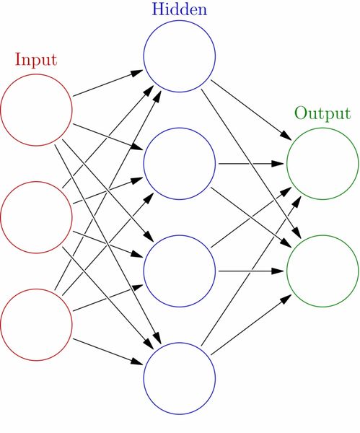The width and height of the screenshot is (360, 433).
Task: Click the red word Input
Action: pyautogui.click(x=35, y=58)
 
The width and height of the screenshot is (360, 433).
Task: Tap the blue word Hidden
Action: pyautogui.click(x=179, y=10)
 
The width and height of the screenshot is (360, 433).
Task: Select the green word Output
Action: pyautogui.click(x=322, y=114)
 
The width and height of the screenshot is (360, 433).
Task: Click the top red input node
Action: pyautogui.click(x=36, y=110)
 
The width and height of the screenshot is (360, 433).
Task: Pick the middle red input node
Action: pyautogui.click(x=36, y=216)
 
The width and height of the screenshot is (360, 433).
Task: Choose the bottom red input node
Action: pyautogui.click(x=36, y=324)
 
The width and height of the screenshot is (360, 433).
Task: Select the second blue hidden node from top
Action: pyautogui.click(x=180, y=163)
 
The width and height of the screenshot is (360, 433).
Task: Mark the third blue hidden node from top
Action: pyautogui.click(x=180, y=271)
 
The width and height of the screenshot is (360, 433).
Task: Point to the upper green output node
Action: pyautogui.click(x=322, y=163)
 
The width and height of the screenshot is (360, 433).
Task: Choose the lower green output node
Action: pyautogui.click(x=322, y=271)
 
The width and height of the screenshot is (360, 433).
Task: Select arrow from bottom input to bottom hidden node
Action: pyautogui.click(x=108, y=351)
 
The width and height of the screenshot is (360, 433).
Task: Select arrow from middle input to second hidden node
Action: pyautogui.click(x=108, y=190)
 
